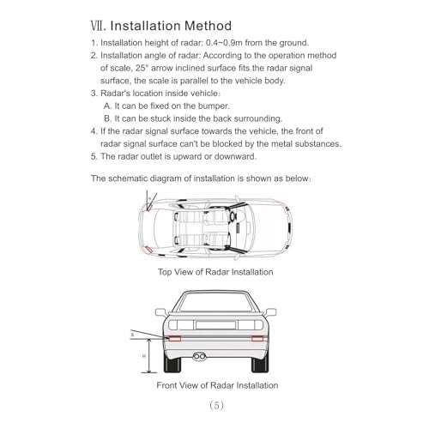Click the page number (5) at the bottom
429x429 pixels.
click(x=215, y=404)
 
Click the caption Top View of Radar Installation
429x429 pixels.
click(x=215, y=272)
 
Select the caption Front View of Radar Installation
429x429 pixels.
click(x=216, y=385)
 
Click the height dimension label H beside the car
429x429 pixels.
click(x=144, y=354)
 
